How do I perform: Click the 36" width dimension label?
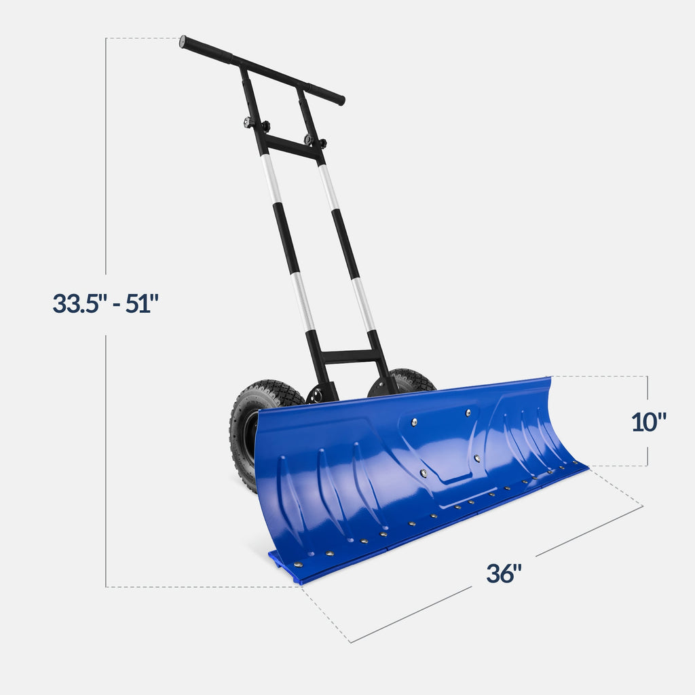[x=504, y=574]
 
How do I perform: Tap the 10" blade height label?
[x=649, y=421]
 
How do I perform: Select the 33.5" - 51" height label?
[x=105, y=303]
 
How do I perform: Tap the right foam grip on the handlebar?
[x=324, y=94]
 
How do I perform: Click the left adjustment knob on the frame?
[x=249, y=123]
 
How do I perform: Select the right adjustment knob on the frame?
[x=309, y=140]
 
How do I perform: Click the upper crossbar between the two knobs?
[x=292, y=147]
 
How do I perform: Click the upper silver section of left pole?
[x=271, y=179]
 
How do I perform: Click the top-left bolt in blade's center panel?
[x=413, y=422]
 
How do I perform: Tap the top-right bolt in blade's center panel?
[x=468, y=412]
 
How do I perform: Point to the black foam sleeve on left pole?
[x=285, y=238]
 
